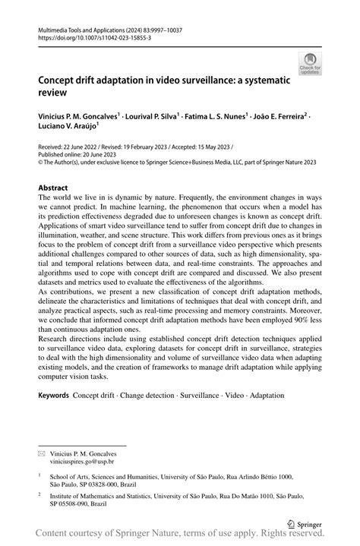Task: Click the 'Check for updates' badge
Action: point(310,64)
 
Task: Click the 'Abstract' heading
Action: point(53,186)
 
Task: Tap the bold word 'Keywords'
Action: point(54,396)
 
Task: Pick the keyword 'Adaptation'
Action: point(264,396)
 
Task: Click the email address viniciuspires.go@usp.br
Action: point(83,461)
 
